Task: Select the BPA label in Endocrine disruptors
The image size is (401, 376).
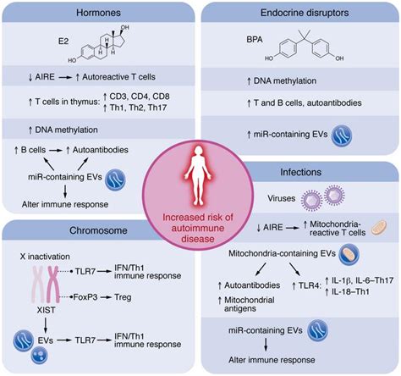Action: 251,39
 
